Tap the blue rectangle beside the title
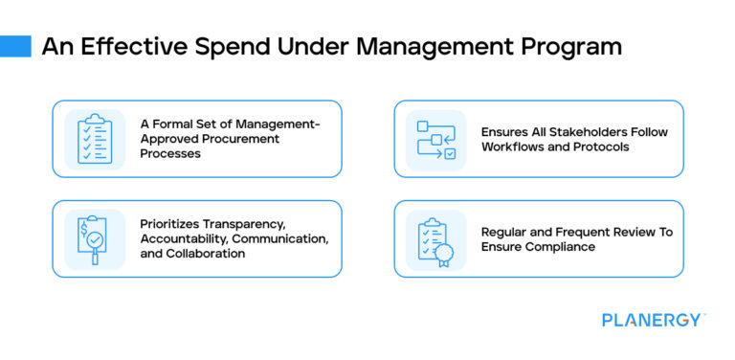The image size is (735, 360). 15,46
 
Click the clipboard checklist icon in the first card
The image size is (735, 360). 94,139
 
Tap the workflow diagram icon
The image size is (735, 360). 435,139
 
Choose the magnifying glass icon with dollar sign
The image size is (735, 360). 94,238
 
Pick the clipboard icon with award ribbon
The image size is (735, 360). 435,238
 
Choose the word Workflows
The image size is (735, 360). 515,146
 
